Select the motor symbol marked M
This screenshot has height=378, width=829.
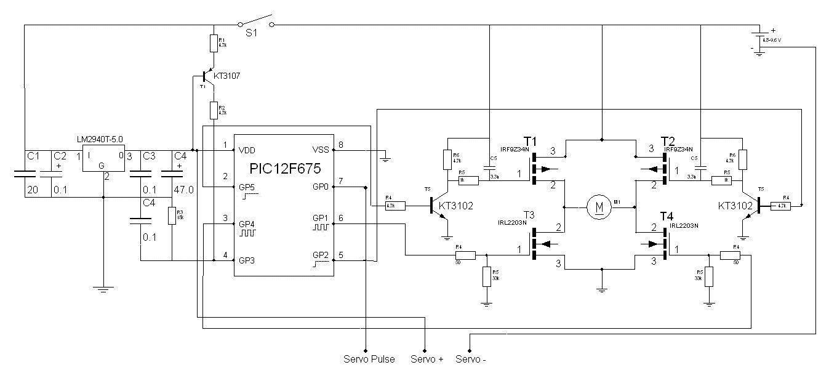pyautogui.click(x=596, y=207)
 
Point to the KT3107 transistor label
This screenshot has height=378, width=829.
pyautogui.click(x=226, y=76)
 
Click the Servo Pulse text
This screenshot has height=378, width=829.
pyautogui.click(x=369, y=359)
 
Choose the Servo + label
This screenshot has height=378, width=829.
pyautogui.click(x=427, y=359)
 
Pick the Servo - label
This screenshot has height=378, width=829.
pyautogui.click(x=471, y=359)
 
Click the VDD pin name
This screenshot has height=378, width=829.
pyautogui.click(x=247, y=150)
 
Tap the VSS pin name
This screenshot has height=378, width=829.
pyautogui.click(x=320, y=150)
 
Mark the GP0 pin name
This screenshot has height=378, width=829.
pyautogui.click(x=321, y=187)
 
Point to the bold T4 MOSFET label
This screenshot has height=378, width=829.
pyautogui.click(x=667, y=216)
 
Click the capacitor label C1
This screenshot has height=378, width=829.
pyautogui.click(x=33, y=156)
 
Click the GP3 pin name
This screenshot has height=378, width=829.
pyautogui.click(x=247, y=260)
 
